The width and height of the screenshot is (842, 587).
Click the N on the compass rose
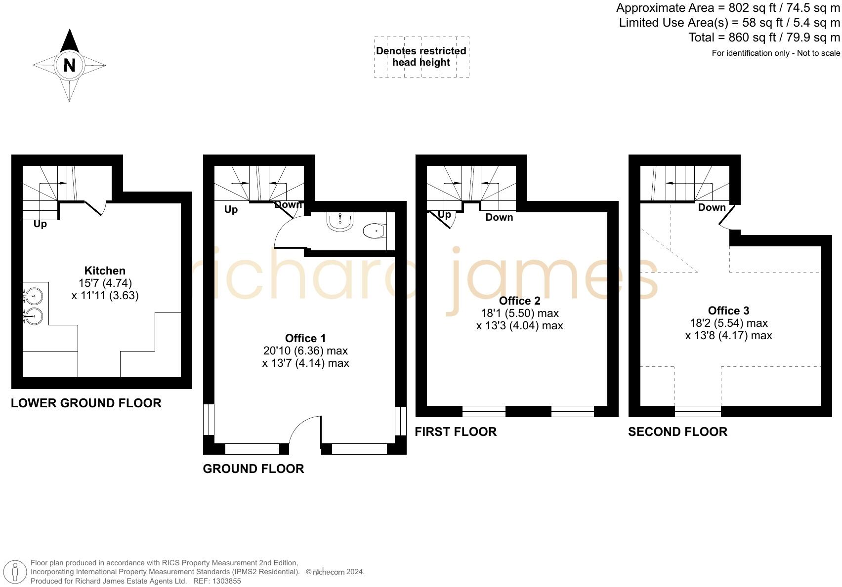(x=69, y=65)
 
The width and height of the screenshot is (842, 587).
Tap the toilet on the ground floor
(x=374, y=231)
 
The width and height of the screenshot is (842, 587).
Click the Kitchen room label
(x=105, y=271)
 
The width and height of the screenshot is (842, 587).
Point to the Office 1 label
(x=305, y=338)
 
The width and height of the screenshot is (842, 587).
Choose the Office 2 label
(x=519, y=301)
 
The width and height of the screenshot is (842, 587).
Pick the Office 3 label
(x=728, y=311)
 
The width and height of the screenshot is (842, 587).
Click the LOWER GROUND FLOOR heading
(x=86, y=403)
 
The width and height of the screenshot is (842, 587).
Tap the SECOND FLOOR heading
(x=677, y=431)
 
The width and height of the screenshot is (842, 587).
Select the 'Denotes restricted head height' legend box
(x=421, y=57)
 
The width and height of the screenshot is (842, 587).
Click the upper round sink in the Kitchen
(x=34, y=297)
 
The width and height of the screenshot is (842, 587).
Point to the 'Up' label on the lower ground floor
(x=40, y=224)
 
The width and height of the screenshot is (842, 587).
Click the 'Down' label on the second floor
(x=712, y=207)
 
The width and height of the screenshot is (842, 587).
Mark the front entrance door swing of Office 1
(x=304, y=429)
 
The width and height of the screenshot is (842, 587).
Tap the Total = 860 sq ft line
(x=764, y=38)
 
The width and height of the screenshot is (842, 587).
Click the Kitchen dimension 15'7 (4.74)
(x=105, y=283)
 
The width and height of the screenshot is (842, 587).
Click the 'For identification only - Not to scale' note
(x=775, y=53)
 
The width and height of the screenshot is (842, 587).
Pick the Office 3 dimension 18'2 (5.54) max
(x=728, y=323)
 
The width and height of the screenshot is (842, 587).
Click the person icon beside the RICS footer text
(x=15, y=572)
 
